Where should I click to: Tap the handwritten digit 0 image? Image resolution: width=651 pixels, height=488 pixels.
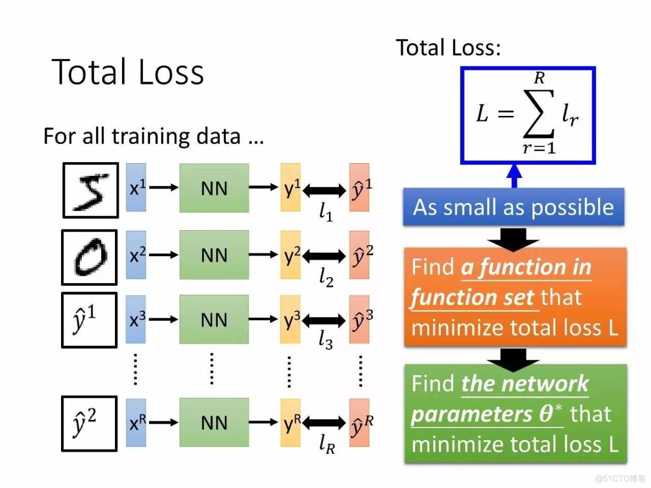pos(89,257)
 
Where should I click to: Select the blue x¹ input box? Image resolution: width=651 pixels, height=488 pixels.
pos(136,188)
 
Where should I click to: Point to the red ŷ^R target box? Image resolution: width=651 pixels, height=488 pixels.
pos(359,423)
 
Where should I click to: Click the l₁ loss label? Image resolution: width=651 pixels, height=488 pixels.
pos(326,211)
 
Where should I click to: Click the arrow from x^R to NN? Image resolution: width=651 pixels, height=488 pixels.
pos(163,423)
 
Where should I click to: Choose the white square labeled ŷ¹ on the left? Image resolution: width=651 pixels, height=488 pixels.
pos(89,320)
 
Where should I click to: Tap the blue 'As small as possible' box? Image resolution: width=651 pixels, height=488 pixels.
pos(514,208)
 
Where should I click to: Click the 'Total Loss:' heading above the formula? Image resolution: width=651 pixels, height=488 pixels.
pos(449,48)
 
